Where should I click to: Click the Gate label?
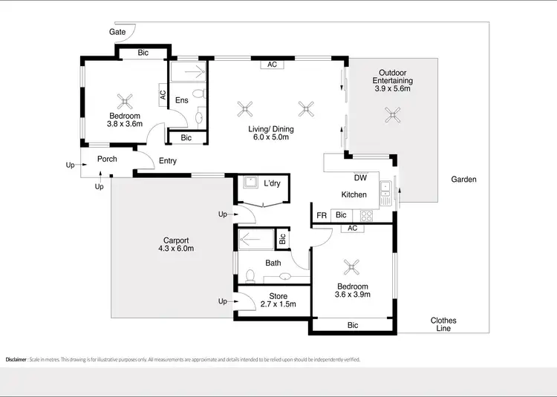[x=117, y=33]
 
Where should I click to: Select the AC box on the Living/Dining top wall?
[x=272, y=65]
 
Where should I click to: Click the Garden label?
[x=463, y=180]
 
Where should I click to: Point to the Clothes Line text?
[x=443, y=325]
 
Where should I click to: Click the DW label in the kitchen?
[x=359, y=177]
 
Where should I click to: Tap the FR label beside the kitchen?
[x=322, y=215]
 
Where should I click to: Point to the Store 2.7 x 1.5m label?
[x=278, y=301]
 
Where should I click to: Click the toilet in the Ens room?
[x=198, y=95]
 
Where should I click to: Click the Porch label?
[x=108, y=160]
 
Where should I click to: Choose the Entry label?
[x=168, y=161]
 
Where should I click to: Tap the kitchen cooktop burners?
[x=365, y=216]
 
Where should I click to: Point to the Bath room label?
[x=273, y=263]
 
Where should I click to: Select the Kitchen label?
[x=354, y=194]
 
